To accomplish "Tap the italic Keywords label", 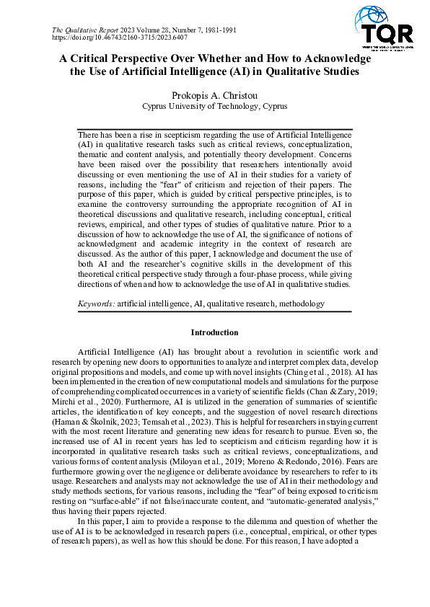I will (96, 304).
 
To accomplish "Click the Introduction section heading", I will (214, 333).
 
